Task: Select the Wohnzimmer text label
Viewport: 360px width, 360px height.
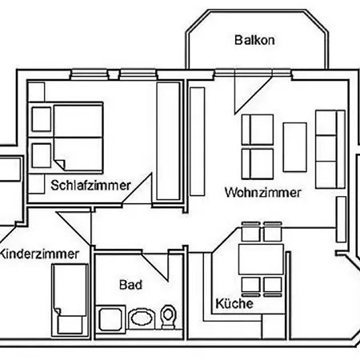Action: (263, 193)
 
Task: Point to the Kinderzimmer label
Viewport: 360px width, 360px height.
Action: (40, 254)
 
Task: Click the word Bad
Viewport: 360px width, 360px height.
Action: (130, 284)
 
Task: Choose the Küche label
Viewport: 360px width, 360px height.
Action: (234, 304)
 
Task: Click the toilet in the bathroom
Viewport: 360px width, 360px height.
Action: (167, 318)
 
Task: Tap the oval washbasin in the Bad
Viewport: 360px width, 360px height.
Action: (141, 318)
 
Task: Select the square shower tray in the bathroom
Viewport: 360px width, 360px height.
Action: (110, 318)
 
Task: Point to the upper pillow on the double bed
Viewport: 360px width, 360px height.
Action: (40, 119)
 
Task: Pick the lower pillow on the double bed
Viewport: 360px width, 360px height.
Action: (40, 154)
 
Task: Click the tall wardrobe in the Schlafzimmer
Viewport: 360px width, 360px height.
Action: (167, 140)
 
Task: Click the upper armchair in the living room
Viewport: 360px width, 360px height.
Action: (258, 130)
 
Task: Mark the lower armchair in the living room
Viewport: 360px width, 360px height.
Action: (258, 160)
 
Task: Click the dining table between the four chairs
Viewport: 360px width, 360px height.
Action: (261, 260)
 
